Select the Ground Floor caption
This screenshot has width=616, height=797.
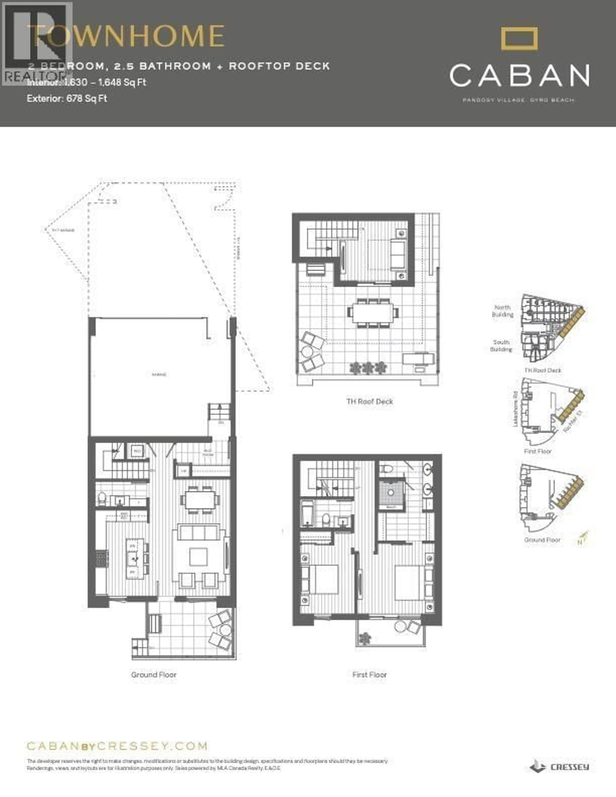(x=154, y=675)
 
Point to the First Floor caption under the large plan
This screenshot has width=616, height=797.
(x=369, y=675)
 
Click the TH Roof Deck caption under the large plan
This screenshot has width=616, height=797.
(x=369, y=401)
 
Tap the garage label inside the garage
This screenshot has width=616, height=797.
(x=159, y=375)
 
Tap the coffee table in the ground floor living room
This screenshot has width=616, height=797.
(x=198, y=557)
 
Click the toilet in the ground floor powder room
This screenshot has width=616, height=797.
(x=102, y=498)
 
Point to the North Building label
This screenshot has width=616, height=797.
(x=503, y=311)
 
